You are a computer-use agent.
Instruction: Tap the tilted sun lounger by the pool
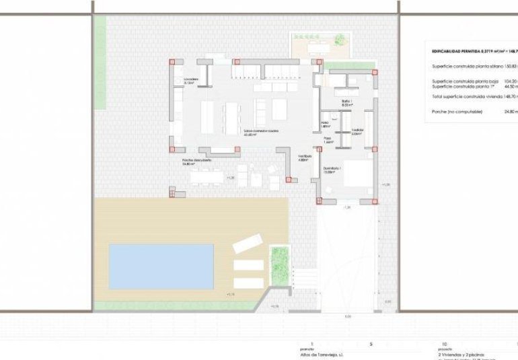(246, 243)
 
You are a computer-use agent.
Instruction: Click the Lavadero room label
(190, 79)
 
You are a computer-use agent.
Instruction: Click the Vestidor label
(357, 131)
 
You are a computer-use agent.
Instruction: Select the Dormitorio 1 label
(331, 170)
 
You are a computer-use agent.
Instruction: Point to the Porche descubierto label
(196, 161)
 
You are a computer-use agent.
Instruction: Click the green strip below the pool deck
(175, 306)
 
